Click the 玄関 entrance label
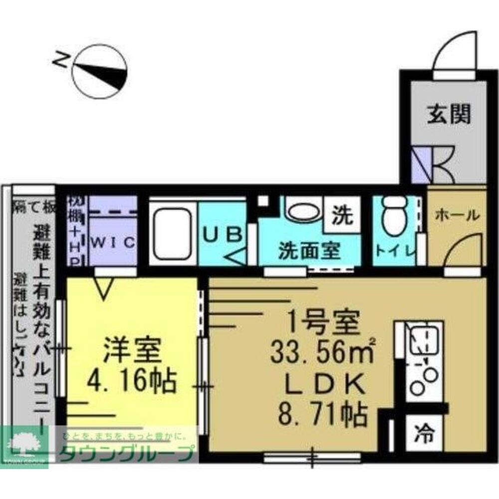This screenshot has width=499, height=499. coord(449,115)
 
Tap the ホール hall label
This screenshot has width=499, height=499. coord(458,215)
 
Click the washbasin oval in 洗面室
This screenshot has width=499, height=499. coord(303,213)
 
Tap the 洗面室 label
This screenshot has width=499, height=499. coord(309,249)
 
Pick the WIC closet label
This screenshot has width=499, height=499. coord(114,243)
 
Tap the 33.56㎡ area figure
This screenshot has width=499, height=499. coord(322,354)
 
